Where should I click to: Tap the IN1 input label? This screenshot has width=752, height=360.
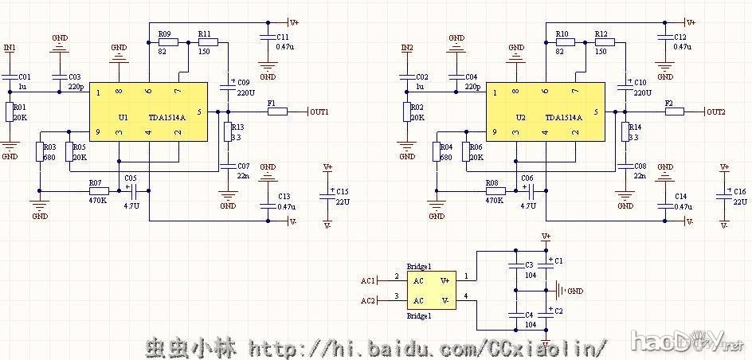[10, 49]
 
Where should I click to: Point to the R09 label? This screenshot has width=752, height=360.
[165, 34]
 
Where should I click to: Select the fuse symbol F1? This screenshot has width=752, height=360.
[277, 112]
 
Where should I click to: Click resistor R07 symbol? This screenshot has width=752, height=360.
[99, 191]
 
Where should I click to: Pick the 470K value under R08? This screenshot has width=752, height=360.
[494, 201]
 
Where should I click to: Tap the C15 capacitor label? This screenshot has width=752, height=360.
[343, 192]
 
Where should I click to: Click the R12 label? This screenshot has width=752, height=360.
[601, 34]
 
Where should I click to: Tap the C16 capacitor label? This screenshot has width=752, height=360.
[739, 192]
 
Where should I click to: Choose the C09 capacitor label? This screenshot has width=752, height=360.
[243, 82]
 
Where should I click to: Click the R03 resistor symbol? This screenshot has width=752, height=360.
[39, 152]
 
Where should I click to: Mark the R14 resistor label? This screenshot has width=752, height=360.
[634, 127]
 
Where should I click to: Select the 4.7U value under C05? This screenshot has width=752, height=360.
[131, 205]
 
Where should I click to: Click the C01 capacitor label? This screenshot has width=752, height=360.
[24, 76]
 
